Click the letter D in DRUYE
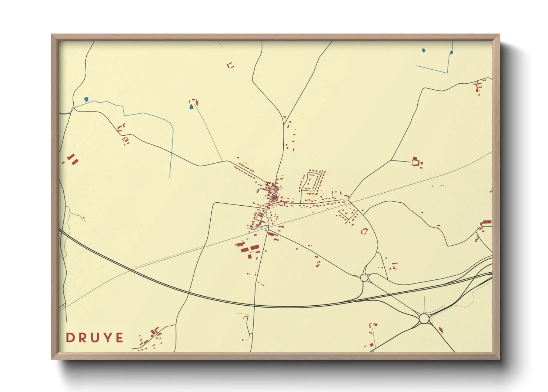[69, 338]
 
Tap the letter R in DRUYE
[81, 338]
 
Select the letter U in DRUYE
[94, 338]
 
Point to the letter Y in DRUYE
[107, 338]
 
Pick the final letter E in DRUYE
[119, 338]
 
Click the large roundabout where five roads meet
[424, 318]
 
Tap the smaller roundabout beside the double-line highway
[364, 278]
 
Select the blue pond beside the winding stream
[86, 99]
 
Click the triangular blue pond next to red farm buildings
[191, 107]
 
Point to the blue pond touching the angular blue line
[451, 53]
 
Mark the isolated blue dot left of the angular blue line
[424, 50]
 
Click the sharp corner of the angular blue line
[447, 72]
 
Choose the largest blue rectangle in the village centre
[258, 191]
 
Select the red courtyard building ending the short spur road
[416, 161]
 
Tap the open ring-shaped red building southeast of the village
[364, 231]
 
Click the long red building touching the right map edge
[486, 222]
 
